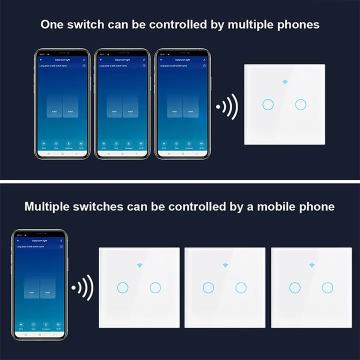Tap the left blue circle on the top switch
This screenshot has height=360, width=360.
pos(267,104)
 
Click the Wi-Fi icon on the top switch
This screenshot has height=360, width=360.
pos(285,82)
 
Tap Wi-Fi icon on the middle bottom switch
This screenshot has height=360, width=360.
pos(224,265)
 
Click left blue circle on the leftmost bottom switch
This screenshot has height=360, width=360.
pos(121,287)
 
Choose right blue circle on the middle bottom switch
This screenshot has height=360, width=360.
pos(241,287)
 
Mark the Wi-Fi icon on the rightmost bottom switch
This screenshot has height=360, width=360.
pos(311,265)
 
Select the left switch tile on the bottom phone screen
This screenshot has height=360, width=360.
pos(31,292)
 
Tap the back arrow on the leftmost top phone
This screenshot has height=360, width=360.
pos(41,59)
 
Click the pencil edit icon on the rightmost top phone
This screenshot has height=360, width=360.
pos(204,59)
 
